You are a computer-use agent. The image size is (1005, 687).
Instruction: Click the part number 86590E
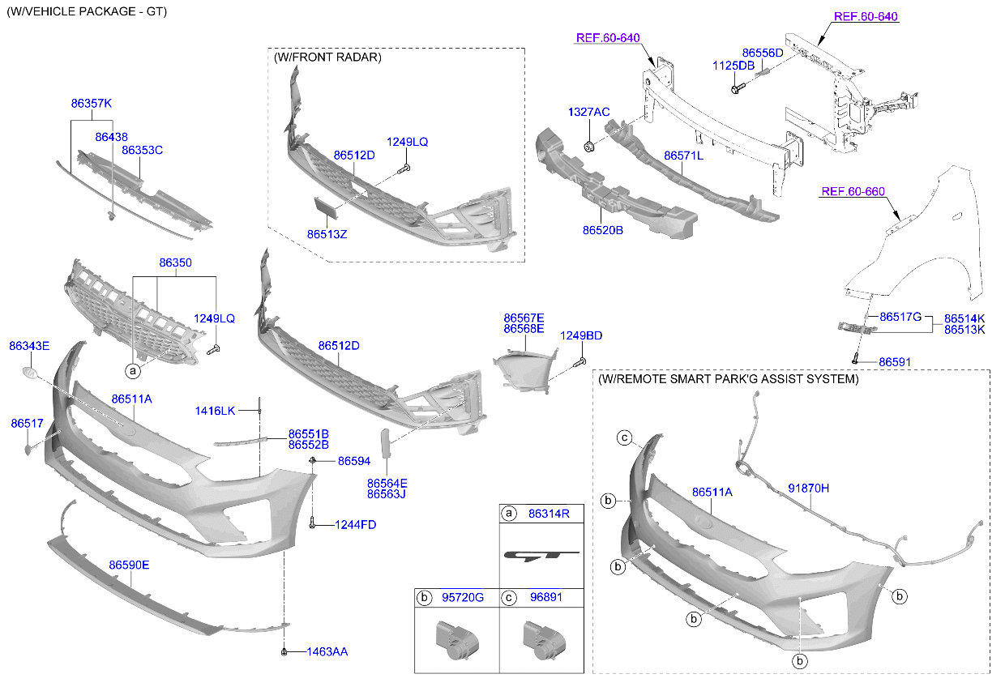click(x=129, y=565)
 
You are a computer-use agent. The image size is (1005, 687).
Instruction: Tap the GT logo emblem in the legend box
click(x=541, y=556)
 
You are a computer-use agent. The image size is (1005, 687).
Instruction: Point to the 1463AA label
click(x=327, y=651)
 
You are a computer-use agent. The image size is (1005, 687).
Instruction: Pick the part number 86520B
click(x=602, y=230)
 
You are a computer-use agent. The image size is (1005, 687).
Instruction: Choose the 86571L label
click(x=683, y=156)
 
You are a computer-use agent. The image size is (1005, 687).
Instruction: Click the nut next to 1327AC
click(x=590, y=147)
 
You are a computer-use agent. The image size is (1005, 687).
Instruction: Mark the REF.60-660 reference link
click(x=853, y=192)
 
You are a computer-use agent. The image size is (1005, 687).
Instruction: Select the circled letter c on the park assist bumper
click(x=624, y=438)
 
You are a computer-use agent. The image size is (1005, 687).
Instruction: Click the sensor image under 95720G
click(x=454, y=636)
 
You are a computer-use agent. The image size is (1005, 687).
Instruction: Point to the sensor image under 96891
click(x=541, y=636)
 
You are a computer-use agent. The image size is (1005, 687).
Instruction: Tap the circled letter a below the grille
click(x=132, y=371)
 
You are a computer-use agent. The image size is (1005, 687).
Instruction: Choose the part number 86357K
click(x=91, y=104)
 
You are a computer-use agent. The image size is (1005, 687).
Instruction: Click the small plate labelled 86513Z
click(x=326, y=207)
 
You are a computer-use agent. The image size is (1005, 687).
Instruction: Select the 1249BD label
click(x=581, y=335)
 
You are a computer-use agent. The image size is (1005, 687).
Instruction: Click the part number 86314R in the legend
click(x=549, y=513)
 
